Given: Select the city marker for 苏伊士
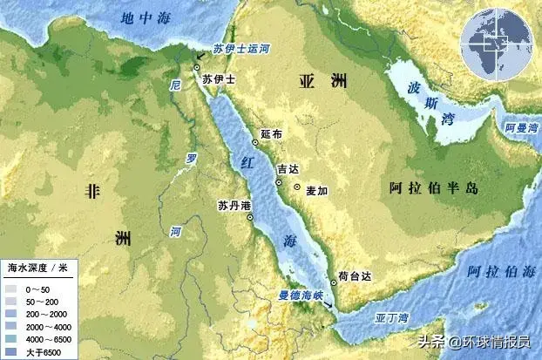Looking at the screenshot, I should click(198, 67).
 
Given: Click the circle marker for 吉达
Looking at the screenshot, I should click(279, 183).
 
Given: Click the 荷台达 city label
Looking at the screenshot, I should click(355, 275).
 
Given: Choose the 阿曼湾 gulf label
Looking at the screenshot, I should click(521, 127).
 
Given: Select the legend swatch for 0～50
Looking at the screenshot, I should click(11, 288).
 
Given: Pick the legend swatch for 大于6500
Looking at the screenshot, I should click(11, 350).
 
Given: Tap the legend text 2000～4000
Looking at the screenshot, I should click(49, 324).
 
